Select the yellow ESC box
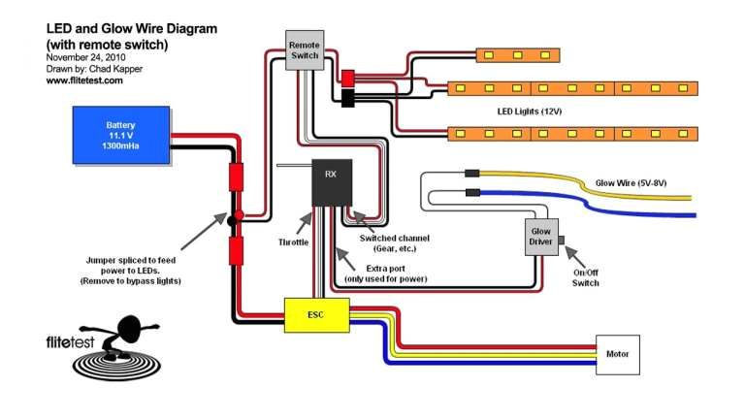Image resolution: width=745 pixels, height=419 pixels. (316, 315)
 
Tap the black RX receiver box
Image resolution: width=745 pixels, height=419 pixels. (331, 180)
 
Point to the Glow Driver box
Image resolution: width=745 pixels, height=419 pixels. (540, 236)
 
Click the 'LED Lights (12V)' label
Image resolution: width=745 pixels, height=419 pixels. (530, 111)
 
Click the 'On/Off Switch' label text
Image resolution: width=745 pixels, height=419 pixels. (585, 277)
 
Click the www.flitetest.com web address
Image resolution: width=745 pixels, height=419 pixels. (84, 81)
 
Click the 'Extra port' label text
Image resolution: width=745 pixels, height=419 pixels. (387, 267)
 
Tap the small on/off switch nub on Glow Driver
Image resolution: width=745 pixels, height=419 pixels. (561, 238)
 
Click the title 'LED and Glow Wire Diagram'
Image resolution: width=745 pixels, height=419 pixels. (131, 29)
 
